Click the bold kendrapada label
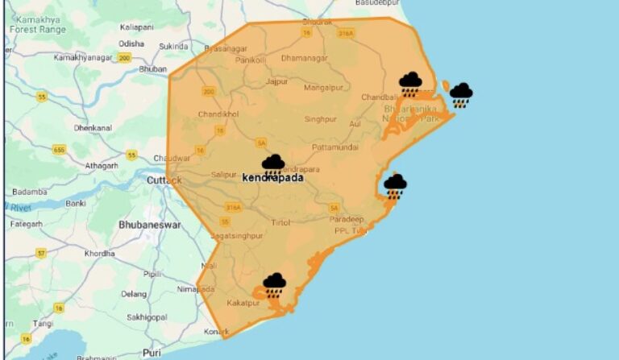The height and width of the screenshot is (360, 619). [x=273, y=177]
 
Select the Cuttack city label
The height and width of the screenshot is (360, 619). [x=166, y=180]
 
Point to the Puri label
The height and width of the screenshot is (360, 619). [x=152, y=353]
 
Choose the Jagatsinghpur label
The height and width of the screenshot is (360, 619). [x=235, y=236]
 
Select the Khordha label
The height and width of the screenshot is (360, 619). [x=100, y=253]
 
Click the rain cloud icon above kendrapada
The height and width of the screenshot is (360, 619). [x=273, y=164]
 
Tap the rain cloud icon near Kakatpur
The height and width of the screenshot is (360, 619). [x=275, y=283]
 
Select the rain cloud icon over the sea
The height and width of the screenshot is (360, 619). [x=461, y=93]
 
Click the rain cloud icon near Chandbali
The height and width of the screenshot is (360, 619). [x=411, y=82]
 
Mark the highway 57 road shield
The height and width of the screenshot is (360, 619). [x=41, y=253]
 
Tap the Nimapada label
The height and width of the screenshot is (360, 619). [x=195, y=288]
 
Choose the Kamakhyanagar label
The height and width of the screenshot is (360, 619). [x=83, y=58]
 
